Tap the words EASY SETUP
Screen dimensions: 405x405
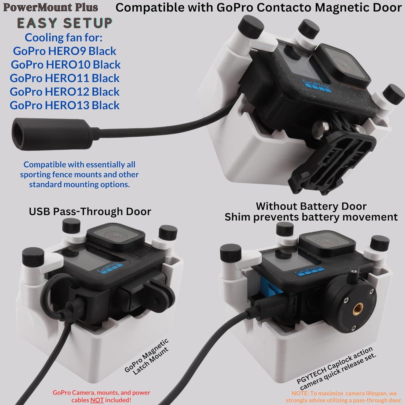[x=65, y=23]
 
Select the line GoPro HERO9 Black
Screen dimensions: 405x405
[x=65, y=51]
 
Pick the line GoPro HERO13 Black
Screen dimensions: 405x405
[x=65, y=105]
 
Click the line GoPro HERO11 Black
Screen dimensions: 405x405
[x=65, y=78]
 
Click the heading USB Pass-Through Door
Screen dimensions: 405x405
[x=90, y=211]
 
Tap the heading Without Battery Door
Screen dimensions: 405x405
[x=311, y=206]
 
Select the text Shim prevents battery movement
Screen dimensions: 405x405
[x=311, y=217]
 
